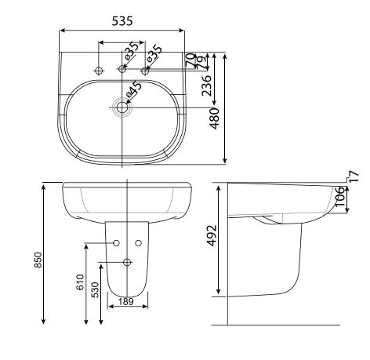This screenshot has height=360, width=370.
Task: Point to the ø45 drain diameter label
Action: click(x=134, y=93)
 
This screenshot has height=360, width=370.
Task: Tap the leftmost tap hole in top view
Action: click(x=99, y=71)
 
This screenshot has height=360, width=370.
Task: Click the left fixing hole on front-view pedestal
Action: click(x=115, y=243)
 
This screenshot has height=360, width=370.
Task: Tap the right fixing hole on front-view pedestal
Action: click(x=137, y=243)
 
